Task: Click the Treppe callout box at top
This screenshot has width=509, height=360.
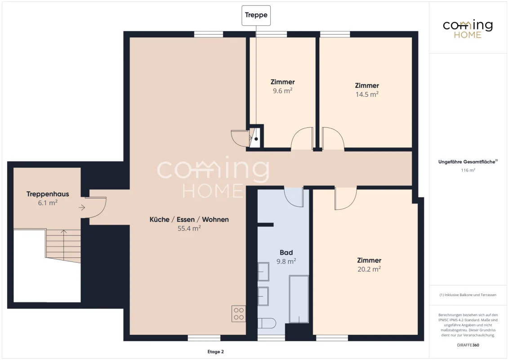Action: point(256,15)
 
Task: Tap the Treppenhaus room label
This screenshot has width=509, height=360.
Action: point(48,194)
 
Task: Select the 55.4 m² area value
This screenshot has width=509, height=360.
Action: point(189,228)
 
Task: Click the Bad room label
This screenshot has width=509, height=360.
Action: point(286,252)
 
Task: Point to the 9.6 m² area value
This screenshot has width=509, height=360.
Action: point(282,90)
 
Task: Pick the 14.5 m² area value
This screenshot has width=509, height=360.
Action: point(367,94)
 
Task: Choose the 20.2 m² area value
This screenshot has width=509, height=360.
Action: point(369,269)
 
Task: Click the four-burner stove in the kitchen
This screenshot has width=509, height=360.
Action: point(239,314)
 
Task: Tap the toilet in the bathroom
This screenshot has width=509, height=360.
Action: point(267,323)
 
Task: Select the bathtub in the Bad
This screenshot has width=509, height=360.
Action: point(299,299)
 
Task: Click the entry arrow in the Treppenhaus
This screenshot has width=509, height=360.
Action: point(82,207)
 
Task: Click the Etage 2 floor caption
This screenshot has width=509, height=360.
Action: point(215,351)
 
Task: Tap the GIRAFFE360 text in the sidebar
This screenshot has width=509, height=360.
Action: point(468,345)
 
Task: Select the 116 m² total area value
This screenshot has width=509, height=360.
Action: point(468,170)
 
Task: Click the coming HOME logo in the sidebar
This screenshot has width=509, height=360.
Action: point(468,29)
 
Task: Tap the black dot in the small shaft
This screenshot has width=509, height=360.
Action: point(256,139)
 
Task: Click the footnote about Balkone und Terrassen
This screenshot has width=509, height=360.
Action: point(468,295)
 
